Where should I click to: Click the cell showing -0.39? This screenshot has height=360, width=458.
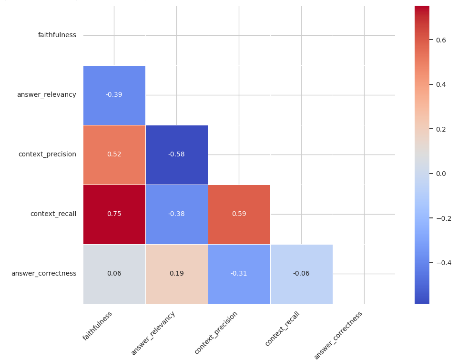coord(114,95)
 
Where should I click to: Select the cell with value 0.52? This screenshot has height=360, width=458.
coord(114,154)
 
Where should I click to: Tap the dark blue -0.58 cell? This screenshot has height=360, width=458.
coord(176,154)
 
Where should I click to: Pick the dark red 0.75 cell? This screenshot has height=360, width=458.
coord(114,214)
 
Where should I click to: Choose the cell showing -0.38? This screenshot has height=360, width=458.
coord(176,214)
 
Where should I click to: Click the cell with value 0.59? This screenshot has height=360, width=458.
coord(239,214)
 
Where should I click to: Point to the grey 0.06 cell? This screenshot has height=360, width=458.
coord(114,274)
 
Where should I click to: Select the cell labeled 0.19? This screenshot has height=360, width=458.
coord(176,274)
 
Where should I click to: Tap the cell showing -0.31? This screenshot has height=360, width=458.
coord(239,274)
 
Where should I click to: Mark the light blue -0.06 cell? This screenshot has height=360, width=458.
coord(301,274)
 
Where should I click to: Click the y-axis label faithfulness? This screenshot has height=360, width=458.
coord(57,35)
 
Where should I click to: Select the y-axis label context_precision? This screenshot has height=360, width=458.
coord(47,154)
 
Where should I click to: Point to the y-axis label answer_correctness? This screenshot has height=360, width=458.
coord(44,273)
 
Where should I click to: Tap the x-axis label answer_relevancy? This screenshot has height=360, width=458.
coord(153,333)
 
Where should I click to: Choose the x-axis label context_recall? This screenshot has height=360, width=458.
coord(283,328)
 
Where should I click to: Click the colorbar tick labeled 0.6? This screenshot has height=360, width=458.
coord(441,40)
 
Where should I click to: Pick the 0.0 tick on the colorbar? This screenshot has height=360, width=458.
coord(441,174)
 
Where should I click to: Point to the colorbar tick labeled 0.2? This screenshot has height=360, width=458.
coord(441,129)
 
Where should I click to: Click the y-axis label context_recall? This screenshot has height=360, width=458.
coord(53,214)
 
